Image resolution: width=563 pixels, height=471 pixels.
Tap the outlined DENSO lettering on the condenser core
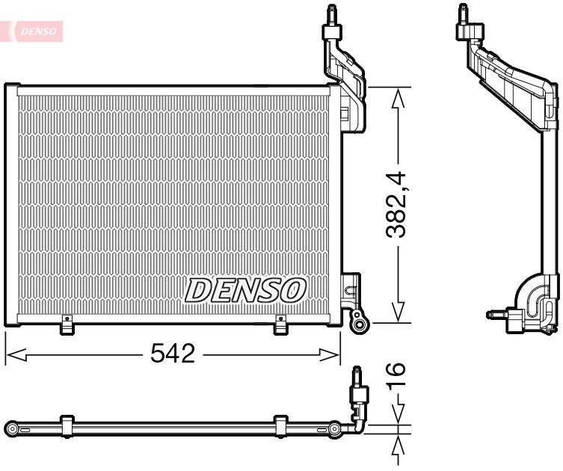pos(246,290)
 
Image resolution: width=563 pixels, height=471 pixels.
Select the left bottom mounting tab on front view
pos(67,325)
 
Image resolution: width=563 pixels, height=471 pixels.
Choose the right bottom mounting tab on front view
pos(281,325)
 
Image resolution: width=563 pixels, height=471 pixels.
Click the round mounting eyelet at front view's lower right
pos(360,323)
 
